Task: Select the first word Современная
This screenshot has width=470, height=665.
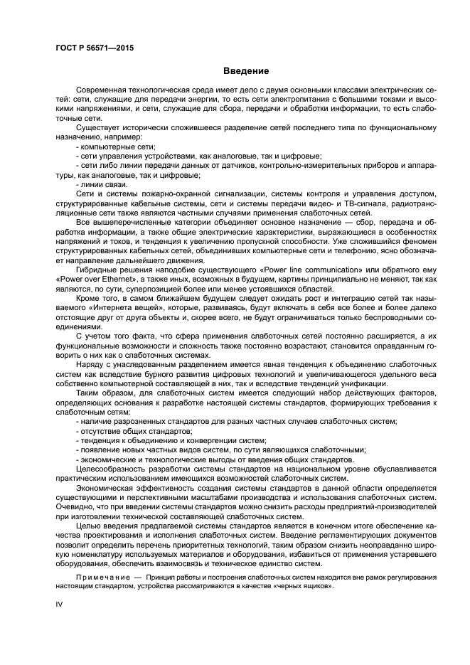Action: click(x=102, y=90)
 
